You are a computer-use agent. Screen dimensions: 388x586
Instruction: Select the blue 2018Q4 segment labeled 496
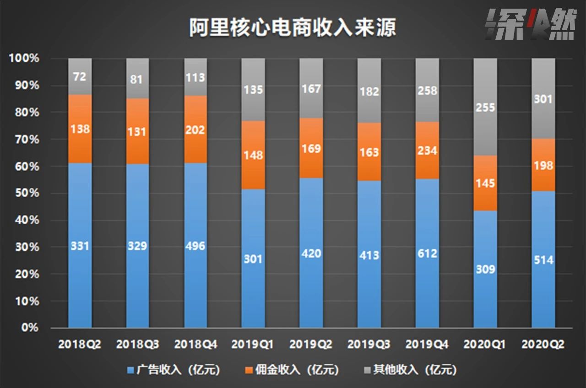(x=195, y=246)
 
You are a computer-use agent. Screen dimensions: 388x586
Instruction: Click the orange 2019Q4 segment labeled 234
(x=427, y=150)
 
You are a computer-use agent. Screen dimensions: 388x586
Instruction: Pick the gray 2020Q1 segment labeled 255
(x=485, y=107)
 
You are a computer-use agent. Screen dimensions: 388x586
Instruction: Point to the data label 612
(x=427, y=253)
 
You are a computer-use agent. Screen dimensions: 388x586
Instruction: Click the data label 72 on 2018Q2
(x=80, y=76)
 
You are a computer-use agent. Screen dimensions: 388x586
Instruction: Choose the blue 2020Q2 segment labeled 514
(x=543, y=259)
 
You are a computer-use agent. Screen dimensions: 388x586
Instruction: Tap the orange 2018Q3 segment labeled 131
(x=137, y=132)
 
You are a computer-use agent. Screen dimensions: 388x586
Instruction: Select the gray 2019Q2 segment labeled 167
(x=311, y=88)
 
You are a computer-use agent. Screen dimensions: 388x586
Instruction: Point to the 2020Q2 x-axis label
(x=543, y=344)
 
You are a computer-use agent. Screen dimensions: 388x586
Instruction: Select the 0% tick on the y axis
(x=30, y=328)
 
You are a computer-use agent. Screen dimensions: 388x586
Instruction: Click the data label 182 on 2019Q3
(x=369, y=91)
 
